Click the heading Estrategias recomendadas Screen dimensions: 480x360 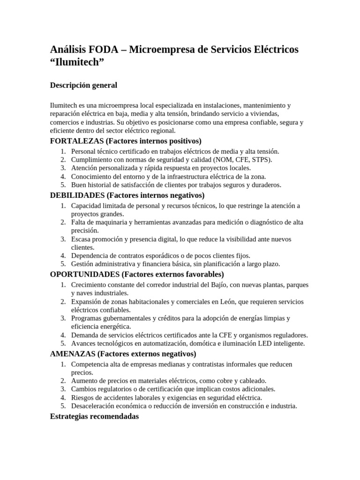[94, 416]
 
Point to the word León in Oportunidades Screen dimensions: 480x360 [227, 301]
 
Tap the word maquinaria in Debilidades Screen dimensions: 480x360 [103, 222]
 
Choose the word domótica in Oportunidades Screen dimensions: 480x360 [202, 344]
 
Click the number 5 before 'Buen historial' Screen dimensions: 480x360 [63, 185]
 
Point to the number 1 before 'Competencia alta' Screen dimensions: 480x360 [63, 364]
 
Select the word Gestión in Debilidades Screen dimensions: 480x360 [82, 264]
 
